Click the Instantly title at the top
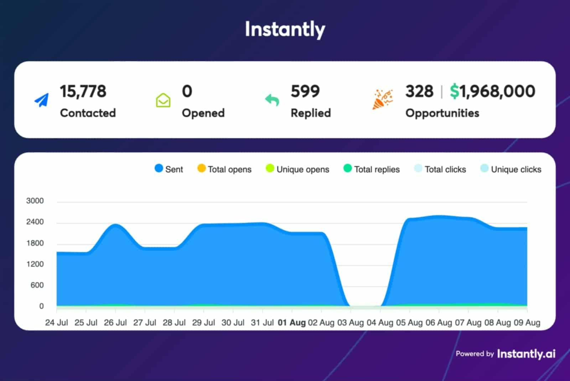(x=285, y=29)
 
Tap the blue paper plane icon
(x=42, y=100)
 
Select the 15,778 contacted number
(x=83, y=91)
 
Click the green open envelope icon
(x=163, y=100)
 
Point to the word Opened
(x=203, y=113)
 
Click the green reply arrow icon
(x=272, y=100)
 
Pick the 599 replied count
(x=305, y=91)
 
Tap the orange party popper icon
(x=383, y=99)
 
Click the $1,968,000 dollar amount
(x=492, y=91)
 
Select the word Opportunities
(x=442, y=113)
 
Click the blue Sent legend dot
(x=159, y=168)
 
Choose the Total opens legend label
(x=229, y=169)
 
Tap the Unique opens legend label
(x=303, y=169)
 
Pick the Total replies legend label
(x=377, y=169)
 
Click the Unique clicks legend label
(x=516, y=169)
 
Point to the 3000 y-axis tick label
(x=35, y=201)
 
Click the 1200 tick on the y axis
(x=35, y=264)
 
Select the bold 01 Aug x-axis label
(x=292, y=323)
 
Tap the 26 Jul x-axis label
(x=115, y=323)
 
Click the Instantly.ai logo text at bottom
(x=526, y=354)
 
